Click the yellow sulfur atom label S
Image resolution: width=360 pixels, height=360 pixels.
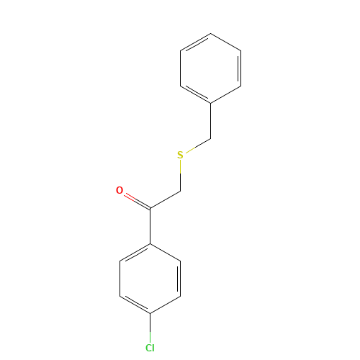(x=180, y=155)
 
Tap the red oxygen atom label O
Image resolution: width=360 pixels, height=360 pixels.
(x=120, y=190)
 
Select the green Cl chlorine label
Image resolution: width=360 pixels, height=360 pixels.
(x=150, y=348)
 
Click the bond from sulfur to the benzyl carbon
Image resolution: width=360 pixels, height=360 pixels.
(x=196, y=145)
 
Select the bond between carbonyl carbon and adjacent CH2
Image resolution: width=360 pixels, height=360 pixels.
(x=165, y=200)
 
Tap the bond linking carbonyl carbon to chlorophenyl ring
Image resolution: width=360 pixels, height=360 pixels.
(x=150, y=226)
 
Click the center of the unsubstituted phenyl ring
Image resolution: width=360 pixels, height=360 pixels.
(x=210, y=68)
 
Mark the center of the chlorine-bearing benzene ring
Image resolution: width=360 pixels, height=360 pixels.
(x=150, y=279)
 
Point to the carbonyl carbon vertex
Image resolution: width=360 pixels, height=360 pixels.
(x=150, y=209)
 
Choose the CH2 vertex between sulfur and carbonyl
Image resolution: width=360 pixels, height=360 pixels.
(x=180, y=192)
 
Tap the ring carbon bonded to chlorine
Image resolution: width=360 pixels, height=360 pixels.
(x=150, y=313)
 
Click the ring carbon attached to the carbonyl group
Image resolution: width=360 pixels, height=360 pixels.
(x=150, y=244)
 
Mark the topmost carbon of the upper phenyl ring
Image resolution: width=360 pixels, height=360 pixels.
(x=210, y=33)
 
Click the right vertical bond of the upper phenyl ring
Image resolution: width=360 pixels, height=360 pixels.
(x=240, y=68)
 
